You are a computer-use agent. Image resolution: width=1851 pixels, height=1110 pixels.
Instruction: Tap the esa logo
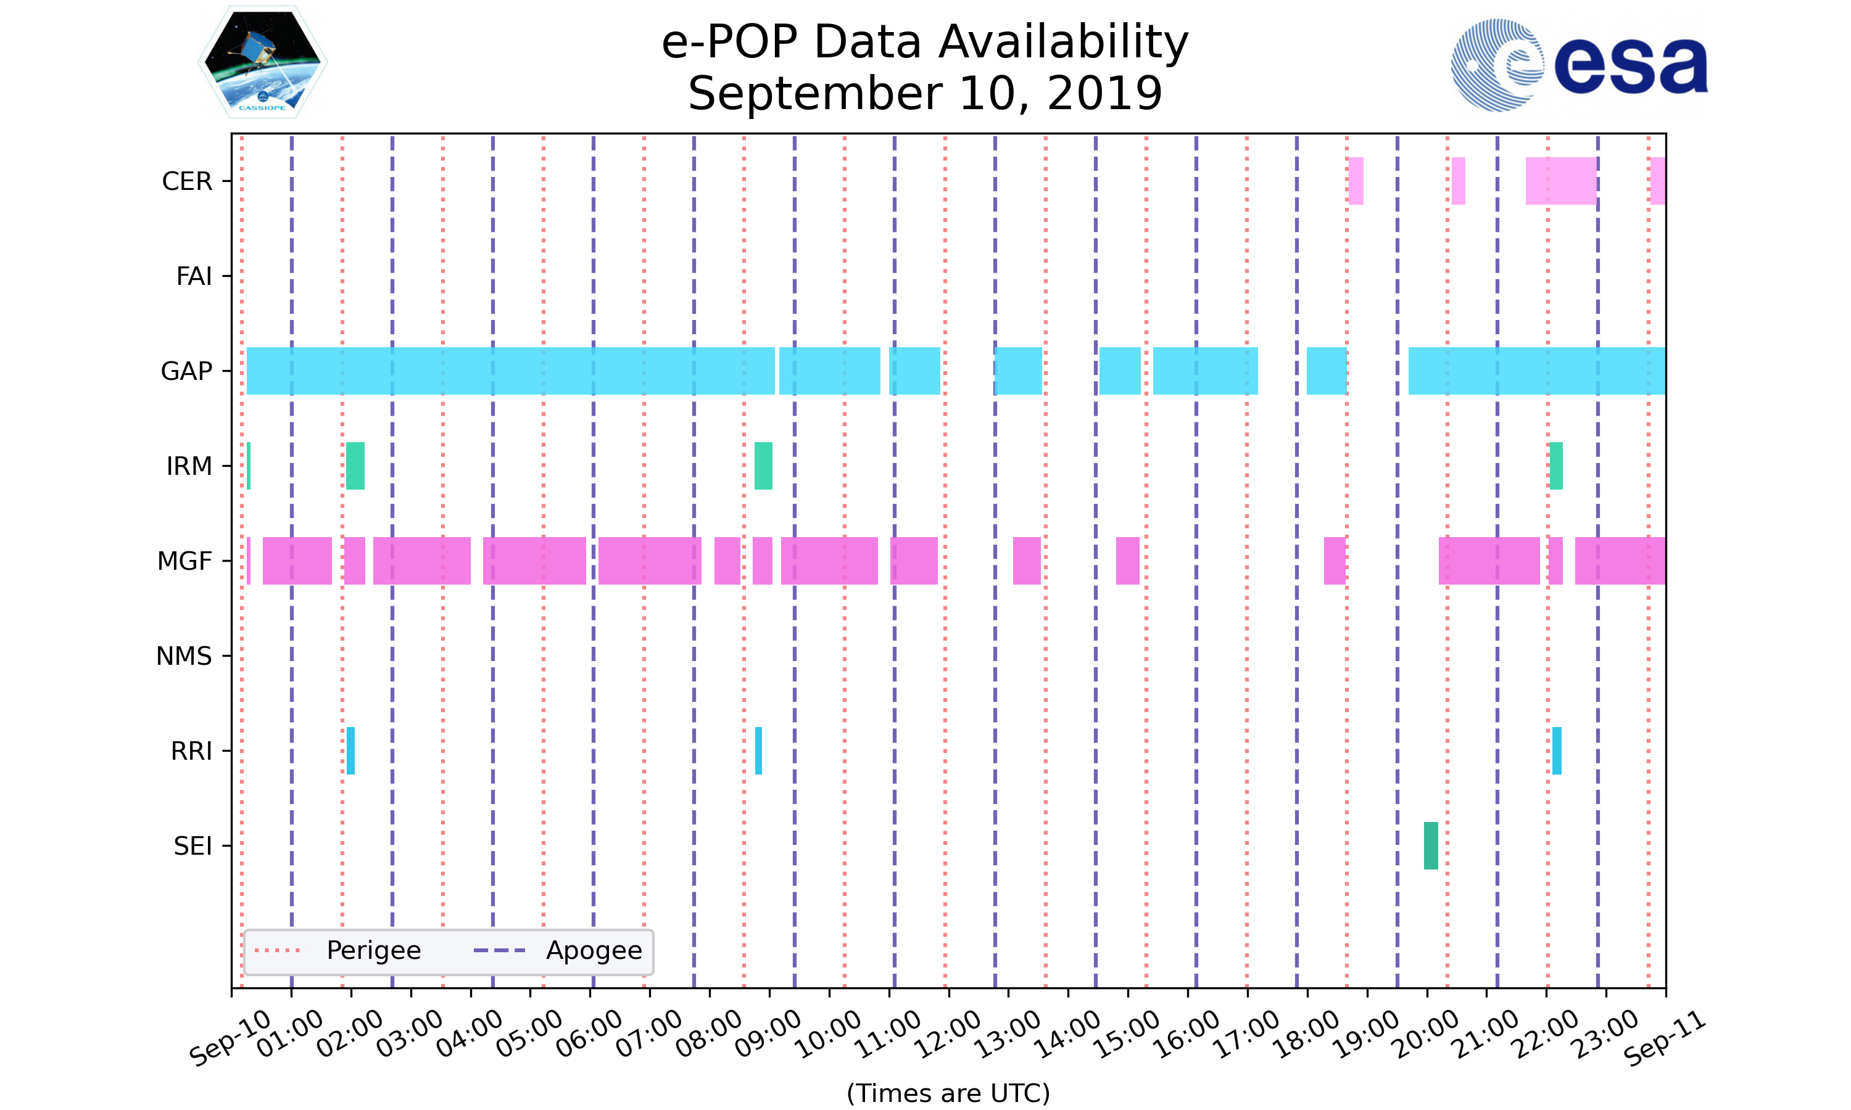click(1579, 65)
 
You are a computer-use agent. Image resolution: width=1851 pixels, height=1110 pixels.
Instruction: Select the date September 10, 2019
click(925, 94)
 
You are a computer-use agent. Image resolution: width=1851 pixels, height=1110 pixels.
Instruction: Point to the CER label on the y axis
click(187, 181)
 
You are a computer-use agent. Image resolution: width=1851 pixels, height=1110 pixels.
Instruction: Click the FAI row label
click(194, 276)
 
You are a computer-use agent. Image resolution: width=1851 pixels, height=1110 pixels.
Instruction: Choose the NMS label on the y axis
click(184, 656)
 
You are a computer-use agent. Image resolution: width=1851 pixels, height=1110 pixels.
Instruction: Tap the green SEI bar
click(1431, 845)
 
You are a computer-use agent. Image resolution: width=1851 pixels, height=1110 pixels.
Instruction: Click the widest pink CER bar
click(1561, 181)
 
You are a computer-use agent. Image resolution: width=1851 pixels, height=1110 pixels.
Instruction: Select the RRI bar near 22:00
click(1556, 750)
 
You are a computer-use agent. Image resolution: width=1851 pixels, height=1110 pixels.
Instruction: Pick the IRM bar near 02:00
click(355, 466)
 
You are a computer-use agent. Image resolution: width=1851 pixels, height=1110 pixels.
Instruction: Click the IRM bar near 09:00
click(763, 466)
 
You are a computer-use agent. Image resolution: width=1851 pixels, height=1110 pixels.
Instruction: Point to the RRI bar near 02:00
click(350, 750)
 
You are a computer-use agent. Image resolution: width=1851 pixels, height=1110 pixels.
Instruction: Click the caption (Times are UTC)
click(948, 1093)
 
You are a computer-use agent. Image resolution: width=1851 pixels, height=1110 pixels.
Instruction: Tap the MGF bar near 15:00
click(1127, 560)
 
